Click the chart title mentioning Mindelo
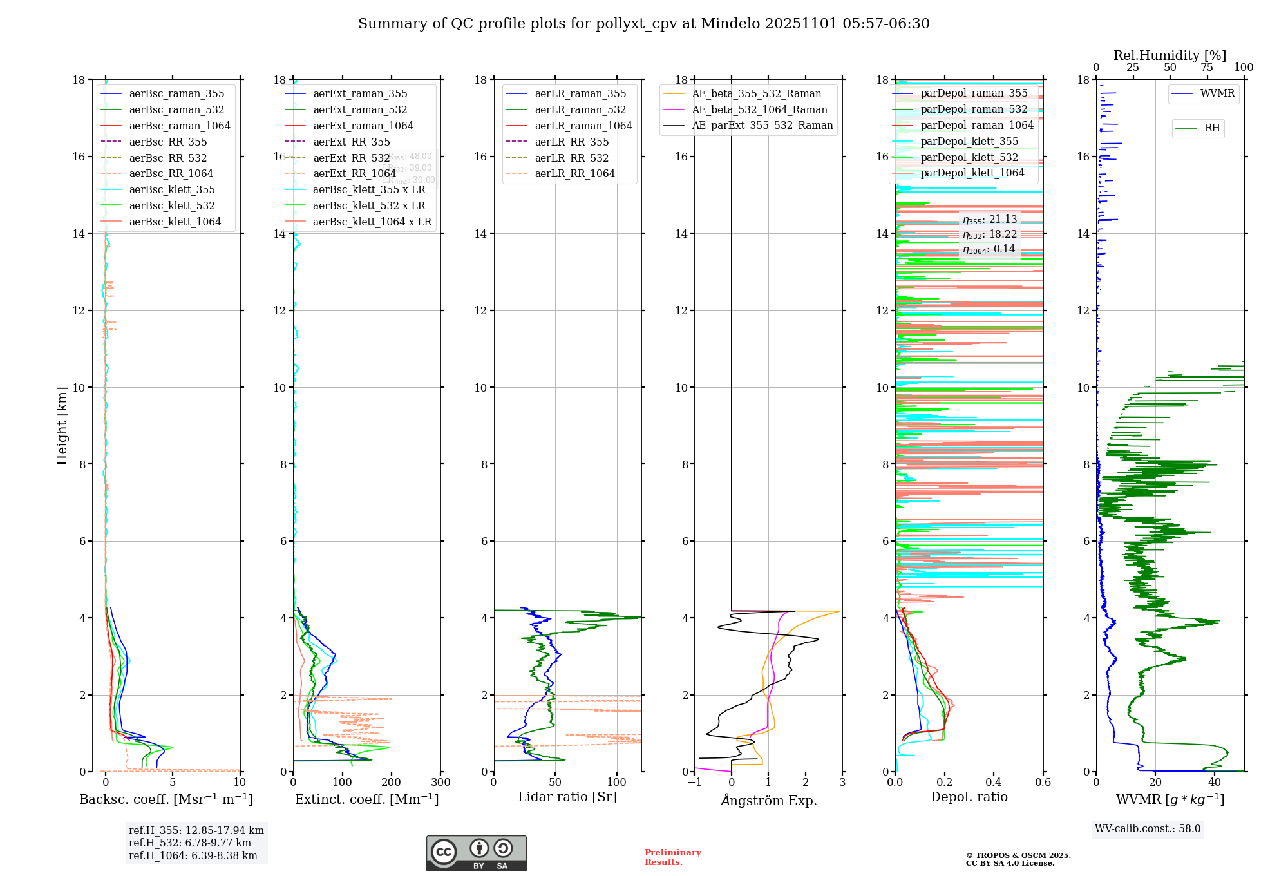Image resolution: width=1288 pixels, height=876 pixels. tap(643, 24)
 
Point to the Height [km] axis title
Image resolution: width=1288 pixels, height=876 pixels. tap(62, 425)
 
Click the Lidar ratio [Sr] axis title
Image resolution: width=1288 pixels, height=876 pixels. tap(567, 797)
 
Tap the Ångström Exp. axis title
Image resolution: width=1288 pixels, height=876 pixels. tap(768, 800)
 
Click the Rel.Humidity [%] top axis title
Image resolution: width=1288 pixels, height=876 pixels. tap(1170, 55)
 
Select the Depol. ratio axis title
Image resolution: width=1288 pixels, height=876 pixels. tap(969, 797)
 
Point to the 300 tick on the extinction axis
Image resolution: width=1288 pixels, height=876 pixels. tap(441, 783)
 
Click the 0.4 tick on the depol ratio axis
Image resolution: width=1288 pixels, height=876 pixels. tap(994, 783)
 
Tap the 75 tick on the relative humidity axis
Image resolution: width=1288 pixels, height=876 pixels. tap(1206, 68)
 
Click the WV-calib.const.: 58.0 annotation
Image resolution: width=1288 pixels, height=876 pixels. tap(1147, 828)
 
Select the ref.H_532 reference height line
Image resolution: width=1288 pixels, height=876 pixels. tap(189, 843)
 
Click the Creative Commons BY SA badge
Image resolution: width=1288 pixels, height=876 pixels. tap(476, 853)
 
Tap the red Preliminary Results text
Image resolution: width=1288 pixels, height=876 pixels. tap(672, 857)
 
